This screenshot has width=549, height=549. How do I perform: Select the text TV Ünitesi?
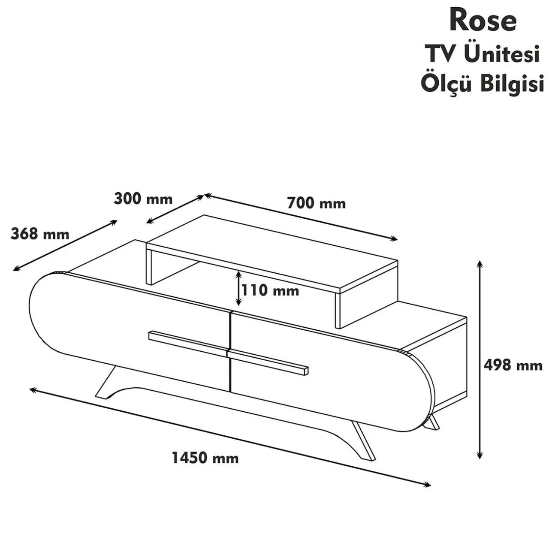482,54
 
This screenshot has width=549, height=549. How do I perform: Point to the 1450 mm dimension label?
205,458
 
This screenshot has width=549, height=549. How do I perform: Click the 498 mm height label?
513,365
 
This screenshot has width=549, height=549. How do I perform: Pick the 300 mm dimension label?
143,199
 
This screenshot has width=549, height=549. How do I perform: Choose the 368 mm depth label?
40,234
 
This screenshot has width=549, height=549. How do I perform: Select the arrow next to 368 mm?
65,245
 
